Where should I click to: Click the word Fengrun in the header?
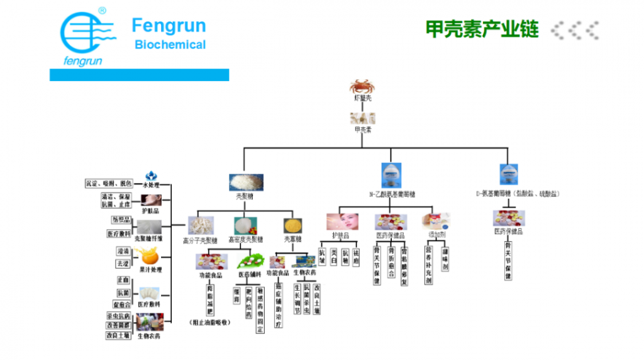pos(169,26)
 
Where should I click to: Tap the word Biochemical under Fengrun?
pos(170,45)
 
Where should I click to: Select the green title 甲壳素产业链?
pos(482,29)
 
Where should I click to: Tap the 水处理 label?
pos(151,185)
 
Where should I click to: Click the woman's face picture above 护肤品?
pos(342,222)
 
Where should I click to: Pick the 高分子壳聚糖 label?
pos(200,240)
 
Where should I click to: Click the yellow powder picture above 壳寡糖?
pos(292,225)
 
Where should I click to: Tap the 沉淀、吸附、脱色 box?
pos(109,183)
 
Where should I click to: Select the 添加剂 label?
pos(436,235)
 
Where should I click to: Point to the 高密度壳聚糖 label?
pos(246,240)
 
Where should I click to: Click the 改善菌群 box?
pos(118,325)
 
